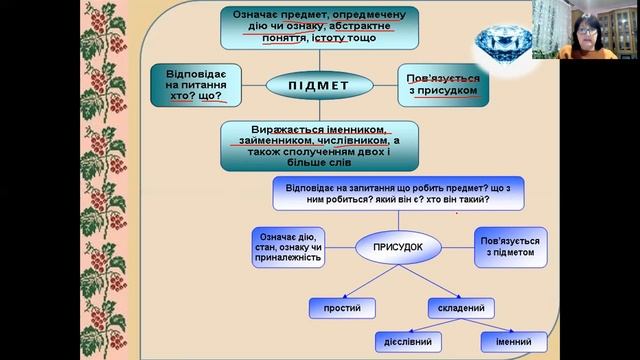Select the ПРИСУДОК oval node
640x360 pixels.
click(399, 245)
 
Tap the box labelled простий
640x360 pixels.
click(341, 307)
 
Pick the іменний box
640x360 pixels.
click(512, 341)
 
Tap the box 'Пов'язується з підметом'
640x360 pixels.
click(513, 247)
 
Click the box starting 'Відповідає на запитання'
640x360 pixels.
click(398, 193)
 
